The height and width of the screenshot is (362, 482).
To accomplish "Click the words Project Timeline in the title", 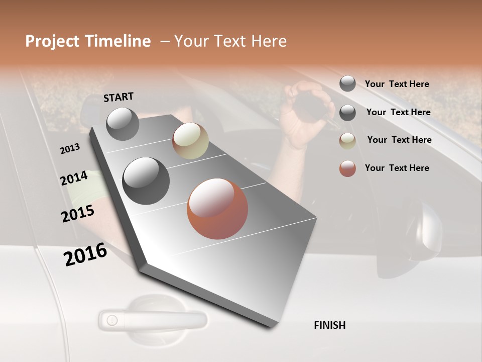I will click(x=88, y=41).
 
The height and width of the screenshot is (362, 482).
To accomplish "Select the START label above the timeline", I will click(x=118, y=97).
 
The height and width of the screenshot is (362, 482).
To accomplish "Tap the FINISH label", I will click(x=329, y=325).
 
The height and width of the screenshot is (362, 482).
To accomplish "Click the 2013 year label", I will click(x=70, y=149).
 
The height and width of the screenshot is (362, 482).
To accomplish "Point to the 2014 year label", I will click(x=74, y=178).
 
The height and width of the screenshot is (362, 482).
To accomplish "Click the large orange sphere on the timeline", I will click(x=217, y=209).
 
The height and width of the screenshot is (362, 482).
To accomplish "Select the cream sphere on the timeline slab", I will click(x=190, y=141).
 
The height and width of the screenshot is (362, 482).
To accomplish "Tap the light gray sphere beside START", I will click(x=123, y=124).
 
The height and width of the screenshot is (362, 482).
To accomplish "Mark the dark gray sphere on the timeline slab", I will click(x=146, y=181).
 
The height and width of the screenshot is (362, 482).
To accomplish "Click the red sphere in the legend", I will click(x=347, y=168).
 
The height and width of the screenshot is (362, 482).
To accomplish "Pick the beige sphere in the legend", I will click(x=347, y=140).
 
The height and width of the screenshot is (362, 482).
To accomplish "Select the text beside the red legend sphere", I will click(x=397, y=168).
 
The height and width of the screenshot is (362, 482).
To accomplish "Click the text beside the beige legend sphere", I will click(x=399, y=140).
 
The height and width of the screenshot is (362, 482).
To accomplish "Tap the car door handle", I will click(x=153, y=319).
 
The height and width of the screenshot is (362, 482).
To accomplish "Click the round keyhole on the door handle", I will click(x=112, y=320).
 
